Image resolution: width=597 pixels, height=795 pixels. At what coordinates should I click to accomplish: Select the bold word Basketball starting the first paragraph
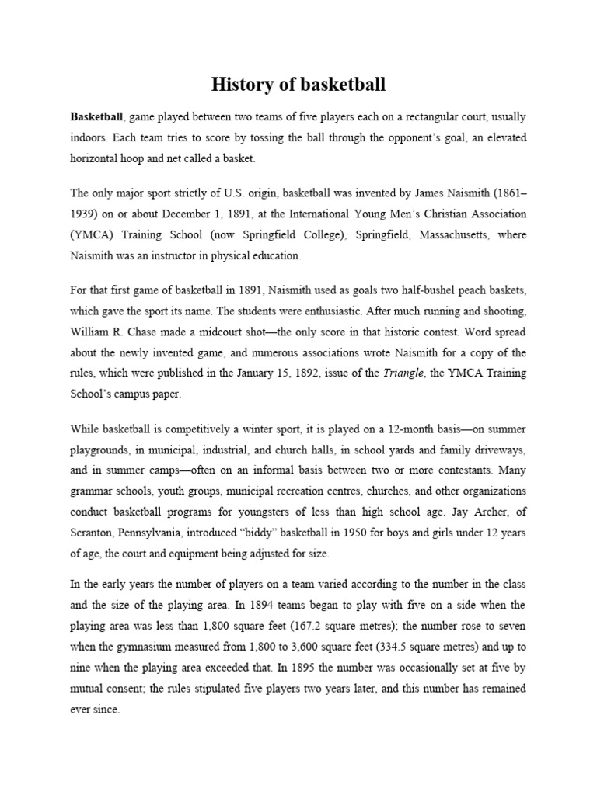click(96, 117)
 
